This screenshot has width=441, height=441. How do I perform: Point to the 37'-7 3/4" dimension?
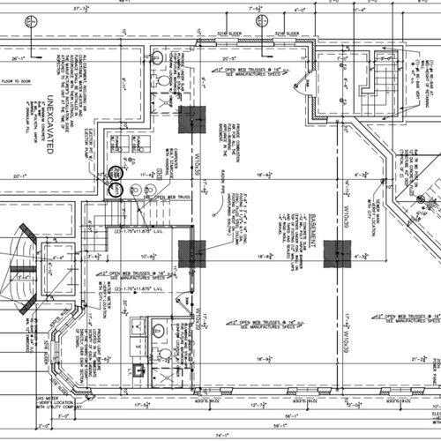(84, 7)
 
